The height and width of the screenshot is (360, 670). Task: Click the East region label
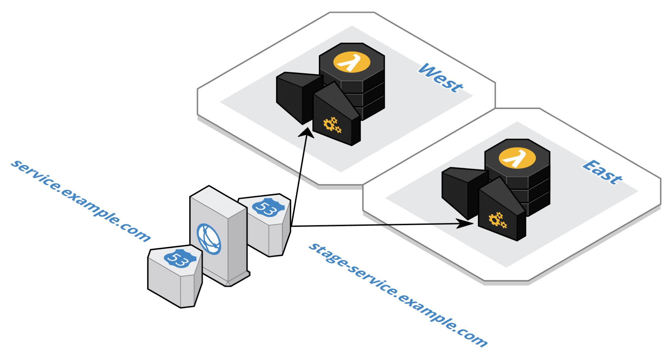point(602,172)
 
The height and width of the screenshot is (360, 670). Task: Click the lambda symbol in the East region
point(517,159)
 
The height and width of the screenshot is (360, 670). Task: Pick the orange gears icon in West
point(332,125)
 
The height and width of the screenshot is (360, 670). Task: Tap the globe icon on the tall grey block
point(209,239)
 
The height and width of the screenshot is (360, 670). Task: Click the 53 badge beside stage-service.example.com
point(268,208)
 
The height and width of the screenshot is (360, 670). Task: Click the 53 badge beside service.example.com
point(180,259)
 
